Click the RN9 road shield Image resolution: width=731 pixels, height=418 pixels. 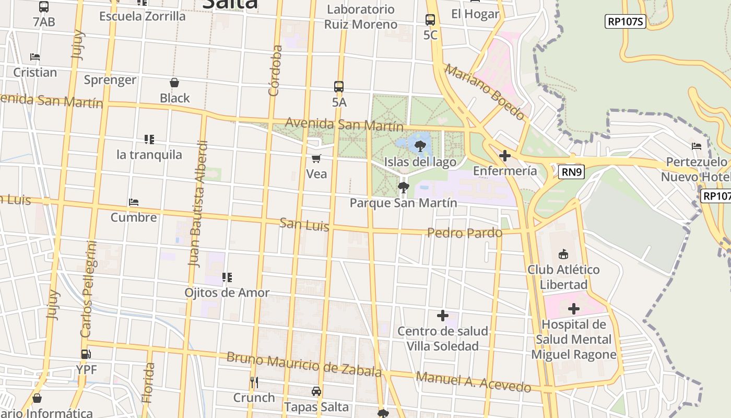click(x=571, y=172)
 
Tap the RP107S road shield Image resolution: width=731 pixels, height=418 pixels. click(x=626, y=21)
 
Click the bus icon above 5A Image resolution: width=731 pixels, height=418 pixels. click(x=339, y=87)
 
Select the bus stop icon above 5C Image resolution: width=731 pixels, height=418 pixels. click(x=430, y=20)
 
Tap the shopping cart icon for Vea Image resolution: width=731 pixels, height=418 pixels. click(x=316, y=158)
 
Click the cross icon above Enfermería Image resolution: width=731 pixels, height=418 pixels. click(x=505, y=156)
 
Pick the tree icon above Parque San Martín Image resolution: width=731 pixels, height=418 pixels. click(x=403, y=187)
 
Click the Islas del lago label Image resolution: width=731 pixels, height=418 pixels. click(x=420, y=162)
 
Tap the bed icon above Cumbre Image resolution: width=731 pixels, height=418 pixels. click(x=134, y=202)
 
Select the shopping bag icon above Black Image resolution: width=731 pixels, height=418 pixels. click(x=174, y=83)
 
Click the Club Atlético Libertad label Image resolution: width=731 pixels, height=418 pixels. click(x=563, y=277)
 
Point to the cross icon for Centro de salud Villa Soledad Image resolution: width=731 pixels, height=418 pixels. click(x=443, y=316)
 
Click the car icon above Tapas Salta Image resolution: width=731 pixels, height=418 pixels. click(x=316, y=391)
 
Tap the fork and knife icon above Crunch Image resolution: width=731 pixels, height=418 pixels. click(x=254, y=382)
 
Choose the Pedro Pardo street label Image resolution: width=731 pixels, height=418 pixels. click(x=465, y=233)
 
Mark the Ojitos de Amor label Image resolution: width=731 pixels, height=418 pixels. click(x=227, y=293)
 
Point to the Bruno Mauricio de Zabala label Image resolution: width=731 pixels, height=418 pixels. click(x=304, y=364)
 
